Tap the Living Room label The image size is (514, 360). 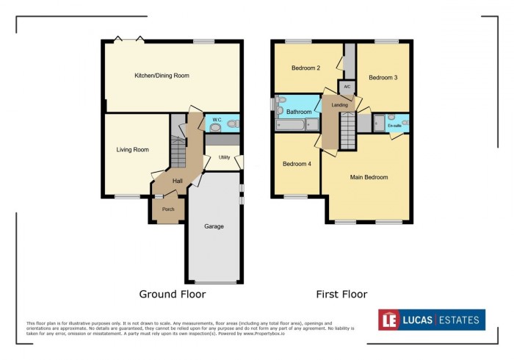132,150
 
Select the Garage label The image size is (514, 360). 214,226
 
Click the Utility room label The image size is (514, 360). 224,157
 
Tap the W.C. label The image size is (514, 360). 217,119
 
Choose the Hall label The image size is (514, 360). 178,181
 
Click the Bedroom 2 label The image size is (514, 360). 305,68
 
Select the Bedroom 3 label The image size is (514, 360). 383,77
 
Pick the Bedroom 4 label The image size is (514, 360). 297,164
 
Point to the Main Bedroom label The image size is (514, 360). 369,177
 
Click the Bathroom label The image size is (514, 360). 300,112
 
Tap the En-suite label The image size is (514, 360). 395,126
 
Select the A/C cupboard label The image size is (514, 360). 347,87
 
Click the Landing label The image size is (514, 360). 340,105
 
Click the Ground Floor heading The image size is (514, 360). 173,295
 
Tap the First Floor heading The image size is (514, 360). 341,295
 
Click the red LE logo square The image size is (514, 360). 389,320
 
